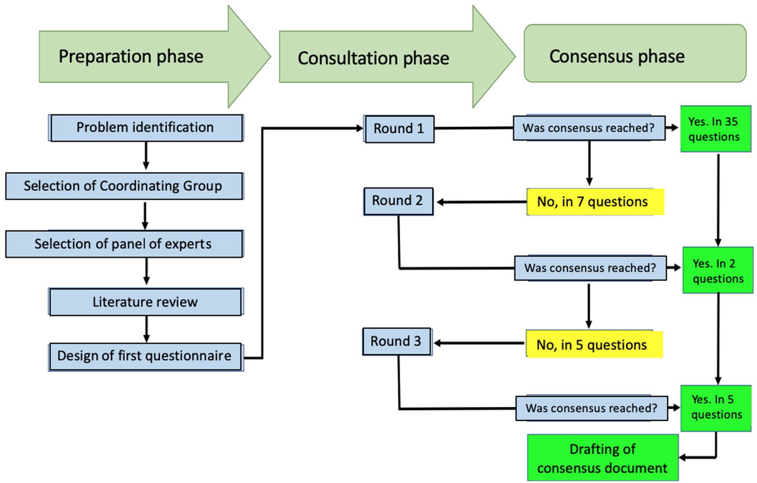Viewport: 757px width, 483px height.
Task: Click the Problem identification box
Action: tap(146, 128)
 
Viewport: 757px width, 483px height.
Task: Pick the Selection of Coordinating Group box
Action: tap(124, 186)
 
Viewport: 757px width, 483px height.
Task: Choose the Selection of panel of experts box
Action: tap(124, 244)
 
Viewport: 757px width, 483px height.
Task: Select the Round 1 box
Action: tap(399, 129)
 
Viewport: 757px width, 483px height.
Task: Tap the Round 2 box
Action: tap(398, 201)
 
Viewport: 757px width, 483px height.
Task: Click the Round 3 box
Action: tap(396, 342)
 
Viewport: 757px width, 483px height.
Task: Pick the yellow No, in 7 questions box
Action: tap(595, 202)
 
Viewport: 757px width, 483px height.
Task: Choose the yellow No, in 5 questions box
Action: tap(594, 345)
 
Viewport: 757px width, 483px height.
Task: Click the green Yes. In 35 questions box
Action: tap(716, 129)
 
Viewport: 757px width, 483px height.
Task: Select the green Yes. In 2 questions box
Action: tap(718, 271)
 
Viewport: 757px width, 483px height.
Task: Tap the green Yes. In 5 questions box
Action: tap(716, 408)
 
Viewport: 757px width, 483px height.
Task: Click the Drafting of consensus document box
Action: tap(603, 458)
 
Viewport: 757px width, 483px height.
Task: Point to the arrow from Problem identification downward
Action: tap(146, 156)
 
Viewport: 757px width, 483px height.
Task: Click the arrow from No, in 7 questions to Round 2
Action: tap(481, 202)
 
